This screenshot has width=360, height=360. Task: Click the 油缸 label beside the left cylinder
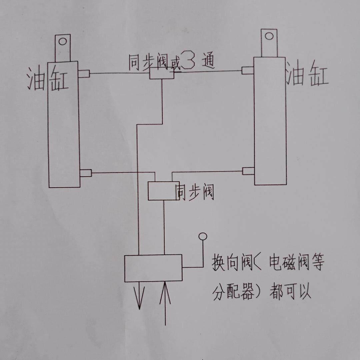point(47,79)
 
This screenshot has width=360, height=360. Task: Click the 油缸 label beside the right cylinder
point(307,75)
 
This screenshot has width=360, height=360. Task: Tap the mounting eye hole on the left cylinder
point(63,42)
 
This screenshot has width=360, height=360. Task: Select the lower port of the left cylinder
point(86,173)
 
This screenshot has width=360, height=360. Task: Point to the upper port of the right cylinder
point(248,70)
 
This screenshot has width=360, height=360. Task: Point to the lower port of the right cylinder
point(248,171)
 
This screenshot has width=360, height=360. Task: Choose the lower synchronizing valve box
point(163,191)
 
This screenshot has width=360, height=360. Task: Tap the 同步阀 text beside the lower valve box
point(195,192)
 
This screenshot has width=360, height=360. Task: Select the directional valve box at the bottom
point(153,268)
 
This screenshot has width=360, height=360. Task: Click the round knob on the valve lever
point(203,236)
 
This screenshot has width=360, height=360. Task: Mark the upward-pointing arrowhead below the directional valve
point(165,295)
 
